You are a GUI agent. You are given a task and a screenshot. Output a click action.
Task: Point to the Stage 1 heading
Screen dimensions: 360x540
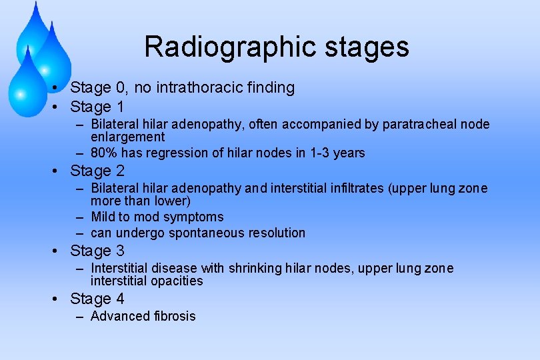pyautogui.click(x=97, y=107)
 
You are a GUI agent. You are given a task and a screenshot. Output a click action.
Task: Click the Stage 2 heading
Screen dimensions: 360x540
pyautogui.click(x=97, y=171)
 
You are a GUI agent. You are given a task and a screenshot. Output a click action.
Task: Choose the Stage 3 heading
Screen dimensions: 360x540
pyautogui.click(x=97, y=251)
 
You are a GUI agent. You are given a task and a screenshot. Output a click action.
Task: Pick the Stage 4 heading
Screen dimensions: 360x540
pyautogui.click(x=97, y=299)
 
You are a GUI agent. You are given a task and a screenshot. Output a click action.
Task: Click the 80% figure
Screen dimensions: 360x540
pyautogui.click(x=103, y=153)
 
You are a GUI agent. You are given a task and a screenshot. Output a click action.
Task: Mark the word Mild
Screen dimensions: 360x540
pyautogui.click(x=103, y=217)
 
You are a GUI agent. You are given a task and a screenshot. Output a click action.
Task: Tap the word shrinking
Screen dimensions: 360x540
pyautogui.click(x=255, y=269)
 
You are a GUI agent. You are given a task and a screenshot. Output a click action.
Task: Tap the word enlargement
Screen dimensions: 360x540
pyautogui.click(x=127, y=137)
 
